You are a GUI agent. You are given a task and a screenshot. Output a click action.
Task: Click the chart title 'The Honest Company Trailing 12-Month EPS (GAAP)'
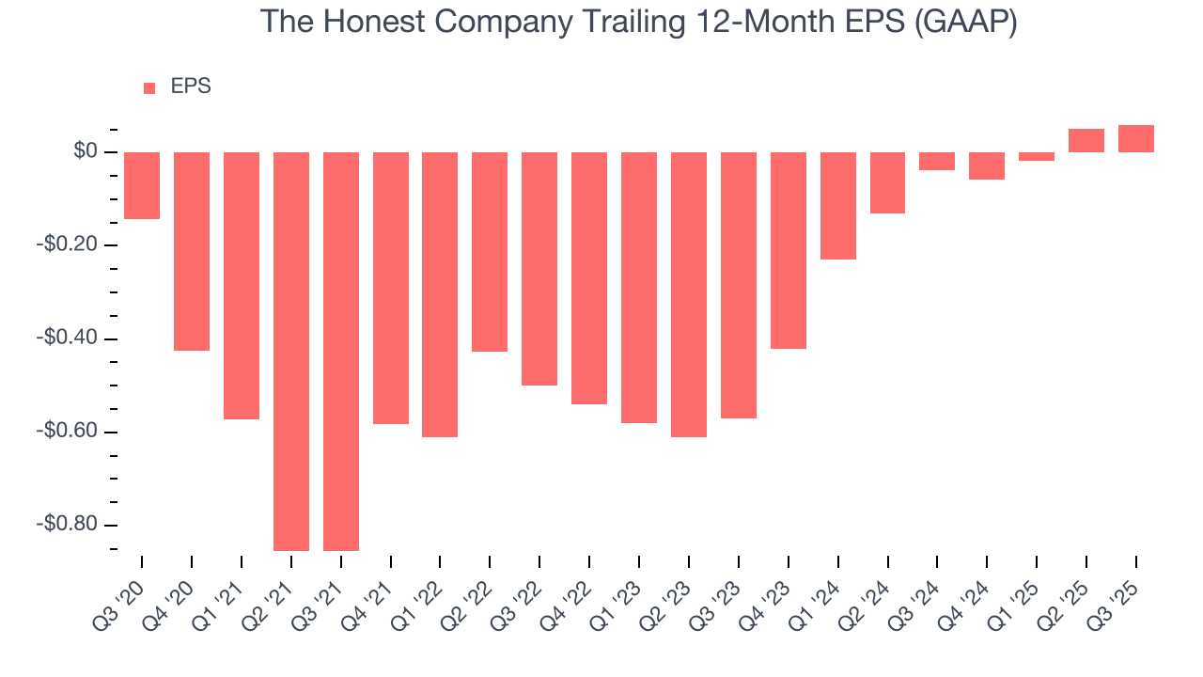coord(638,22)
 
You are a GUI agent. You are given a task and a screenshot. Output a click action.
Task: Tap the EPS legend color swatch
coord(149,88)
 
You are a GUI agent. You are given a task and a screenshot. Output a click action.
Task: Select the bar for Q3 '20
coord(142,185)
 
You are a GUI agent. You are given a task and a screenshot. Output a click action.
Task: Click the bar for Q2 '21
coord(291,351)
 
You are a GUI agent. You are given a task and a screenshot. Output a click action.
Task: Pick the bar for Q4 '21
coord(391,288)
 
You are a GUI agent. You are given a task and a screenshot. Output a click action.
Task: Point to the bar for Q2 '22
coord(490,252)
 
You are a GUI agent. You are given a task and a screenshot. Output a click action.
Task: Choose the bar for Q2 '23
coord(689,294)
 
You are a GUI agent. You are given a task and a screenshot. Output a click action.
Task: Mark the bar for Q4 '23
coord(789,250)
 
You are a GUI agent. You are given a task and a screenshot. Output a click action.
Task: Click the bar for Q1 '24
coord(838,205)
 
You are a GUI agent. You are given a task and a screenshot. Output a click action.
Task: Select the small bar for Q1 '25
coord(1037,156)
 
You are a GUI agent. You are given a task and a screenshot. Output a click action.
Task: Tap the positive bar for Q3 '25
coord(1136,139)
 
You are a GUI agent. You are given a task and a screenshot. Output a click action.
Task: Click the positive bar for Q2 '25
coord(1086,141)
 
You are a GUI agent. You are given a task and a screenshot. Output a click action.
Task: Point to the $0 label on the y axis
coord(86,151)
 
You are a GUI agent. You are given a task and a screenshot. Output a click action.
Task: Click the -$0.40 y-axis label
coord(70,338)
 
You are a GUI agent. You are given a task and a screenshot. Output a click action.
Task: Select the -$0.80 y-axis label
coord(70,525)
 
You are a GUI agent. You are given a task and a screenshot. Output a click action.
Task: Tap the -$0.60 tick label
coord(70,432)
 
